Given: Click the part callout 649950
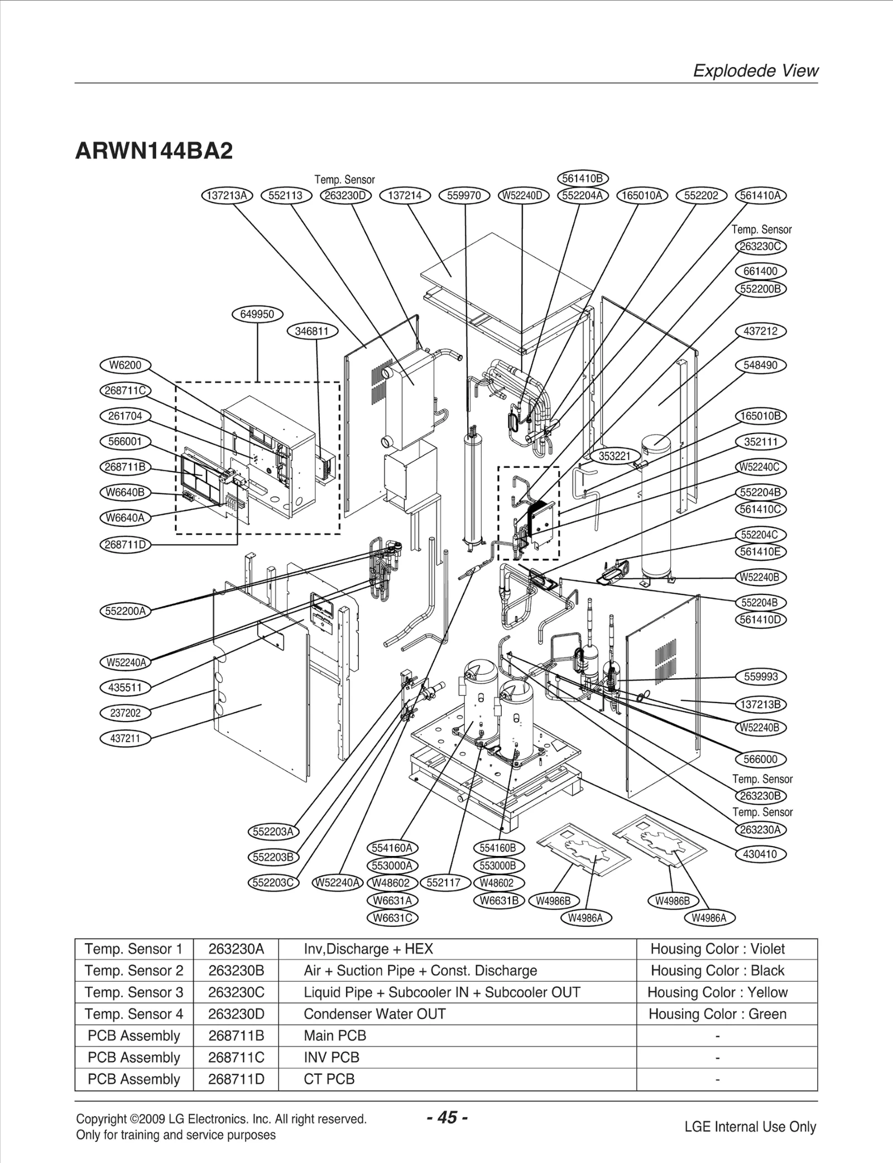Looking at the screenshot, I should pos(257,314).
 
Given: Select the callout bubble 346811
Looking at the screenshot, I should pos(312,331).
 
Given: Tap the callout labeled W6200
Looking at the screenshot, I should pos(125,365).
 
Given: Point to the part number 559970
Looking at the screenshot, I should pos(464,195).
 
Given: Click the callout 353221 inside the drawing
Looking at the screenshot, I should pos(614,456).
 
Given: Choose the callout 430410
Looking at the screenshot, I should pos(760,854).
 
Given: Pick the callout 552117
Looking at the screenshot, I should pos(444,882).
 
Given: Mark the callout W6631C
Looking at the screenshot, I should pos(392,917).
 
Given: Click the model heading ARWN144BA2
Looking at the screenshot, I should pos(154,151).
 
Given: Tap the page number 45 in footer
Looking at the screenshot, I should pos(446,1117).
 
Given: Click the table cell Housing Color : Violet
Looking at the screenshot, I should pos(717,949).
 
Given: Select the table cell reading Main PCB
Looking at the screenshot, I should pos(335,1035).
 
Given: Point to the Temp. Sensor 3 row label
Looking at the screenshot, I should pos(134,992).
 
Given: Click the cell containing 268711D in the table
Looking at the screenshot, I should pos(236,1079).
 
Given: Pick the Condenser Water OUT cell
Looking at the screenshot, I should pos(375,1014).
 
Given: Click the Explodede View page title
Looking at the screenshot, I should pos(755,71).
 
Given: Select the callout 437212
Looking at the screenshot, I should pos(760,331).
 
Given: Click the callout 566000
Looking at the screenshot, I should pos(760,759).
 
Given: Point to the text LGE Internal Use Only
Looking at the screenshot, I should pos(750,1127).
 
